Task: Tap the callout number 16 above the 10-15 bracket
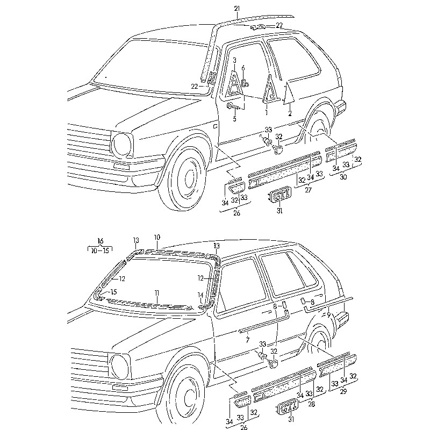coord(99,240)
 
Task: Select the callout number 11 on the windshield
coord(156,293)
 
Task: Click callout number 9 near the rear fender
coord(328,315)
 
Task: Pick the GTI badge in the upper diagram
coord(279,196)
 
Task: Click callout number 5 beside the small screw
coord(234,118)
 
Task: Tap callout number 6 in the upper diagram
coord(243,68)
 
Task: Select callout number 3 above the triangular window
coord(234,60)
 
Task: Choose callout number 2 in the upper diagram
coord(289,113)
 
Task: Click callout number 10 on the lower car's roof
coord(157,237)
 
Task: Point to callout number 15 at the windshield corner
coord(112,292)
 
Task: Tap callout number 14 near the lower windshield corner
coord(200,295)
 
